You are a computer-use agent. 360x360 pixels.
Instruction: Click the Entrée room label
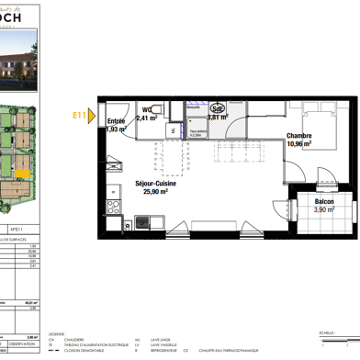click(x=116, y=121)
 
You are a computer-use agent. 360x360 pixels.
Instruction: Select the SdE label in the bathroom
click(x=219, y=106)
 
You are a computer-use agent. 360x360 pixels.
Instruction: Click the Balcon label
click(x=324, y=200)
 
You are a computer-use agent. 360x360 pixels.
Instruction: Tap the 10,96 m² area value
click(x=299, y=144)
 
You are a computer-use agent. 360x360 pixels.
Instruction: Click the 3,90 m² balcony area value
click(x=323, y=209)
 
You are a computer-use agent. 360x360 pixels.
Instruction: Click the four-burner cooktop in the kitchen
click(x=114, y=207)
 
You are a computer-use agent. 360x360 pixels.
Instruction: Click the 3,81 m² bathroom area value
click(x=218, y=118)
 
